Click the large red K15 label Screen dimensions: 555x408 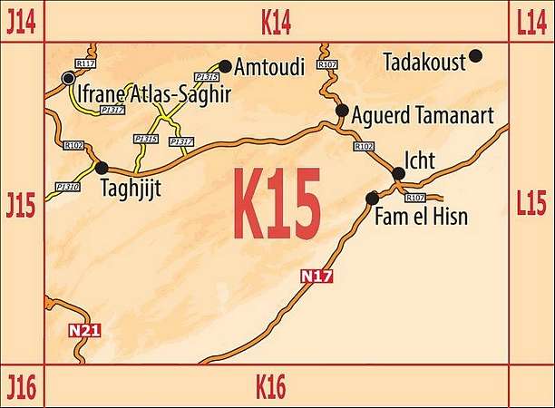point(277,204)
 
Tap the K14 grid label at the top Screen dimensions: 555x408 point(276,22)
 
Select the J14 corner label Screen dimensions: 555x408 point(21,22)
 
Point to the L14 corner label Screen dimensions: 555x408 point(531,22)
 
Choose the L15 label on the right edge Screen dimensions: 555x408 point(531,203)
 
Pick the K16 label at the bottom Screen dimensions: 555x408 point(270,388)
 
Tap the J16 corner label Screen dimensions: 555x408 point(21,388)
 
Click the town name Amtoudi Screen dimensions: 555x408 point(269,67)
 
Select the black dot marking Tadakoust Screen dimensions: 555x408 point(475,56)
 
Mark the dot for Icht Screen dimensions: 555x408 point(397,173)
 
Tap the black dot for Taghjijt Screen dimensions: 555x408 point(101,168)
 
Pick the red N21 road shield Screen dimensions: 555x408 point(84,331)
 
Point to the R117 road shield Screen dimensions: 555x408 point(86,63)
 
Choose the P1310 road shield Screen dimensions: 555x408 point(67,187)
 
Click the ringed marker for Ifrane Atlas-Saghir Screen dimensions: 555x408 point(68,79)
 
